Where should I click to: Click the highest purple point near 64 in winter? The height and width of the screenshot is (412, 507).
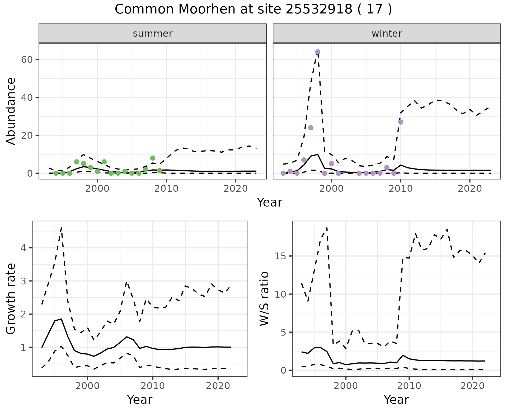click(x=318, y=52)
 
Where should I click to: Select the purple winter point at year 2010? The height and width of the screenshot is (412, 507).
click(x=401, y=122)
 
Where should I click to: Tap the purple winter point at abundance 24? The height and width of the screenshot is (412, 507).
click(x=311, y=128)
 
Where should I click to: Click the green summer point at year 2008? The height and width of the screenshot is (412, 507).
click(x=153, y=158)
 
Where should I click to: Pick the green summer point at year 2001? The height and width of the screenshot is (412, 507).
click(x=104, y=162)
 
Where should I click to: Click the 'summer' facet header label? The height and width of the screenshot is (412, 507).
click(x=153, y=34)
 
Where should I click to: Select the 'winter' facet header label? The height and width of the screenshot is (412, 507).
click(x=387, y=34)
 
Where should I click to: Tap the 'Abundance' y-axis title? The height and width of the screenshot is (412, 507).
click(x=11, y=111)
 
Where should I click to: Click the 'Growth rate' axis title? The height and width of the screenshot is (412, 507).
click(x=11, y=299)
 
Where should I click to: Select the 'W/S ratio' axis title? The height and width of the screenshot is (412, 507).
click(x=264, y=298)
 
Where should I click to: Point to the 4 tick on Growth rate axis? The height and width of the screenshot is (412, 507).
click(x=26, y=248)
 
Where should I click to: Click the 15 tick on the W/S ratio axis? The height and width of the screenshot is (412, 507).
click(x=281, y=256)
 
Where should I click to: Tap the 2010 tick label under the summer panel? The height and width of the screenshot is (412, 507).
click(x=167, y=189)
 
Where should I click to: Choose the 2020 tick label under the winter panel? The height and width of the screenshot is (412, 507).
click(x=470, y=189)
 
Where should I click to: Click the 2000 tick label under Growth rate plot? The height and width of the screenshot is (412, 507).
click(x=87, y=386)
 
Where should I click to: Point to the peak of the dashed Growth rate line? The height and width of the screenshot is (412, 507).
click(x=61, y=227)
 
